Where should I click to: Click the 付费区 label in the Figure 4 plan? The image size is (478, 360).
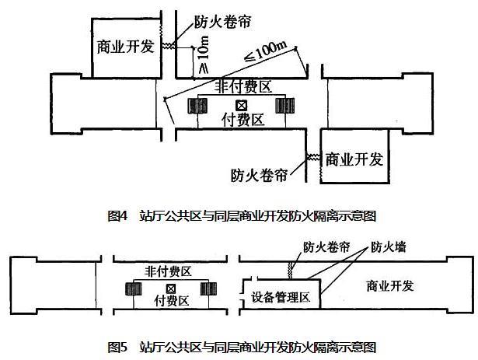click(x=243, y=120)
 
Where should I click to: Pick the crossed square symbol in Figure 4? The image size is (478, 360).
click(x=242, y=105)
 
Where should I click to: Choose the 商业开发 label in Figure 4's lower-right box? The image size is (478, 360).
click(x=354, y=159)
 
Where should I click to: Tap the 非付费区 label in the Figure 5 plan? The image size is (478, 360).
click(x=169, y=270)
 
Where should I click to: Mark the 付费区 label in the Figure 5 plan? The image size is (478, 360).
click(x=169, y=299)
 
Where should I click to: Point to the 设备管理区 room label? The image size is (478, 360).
click(x=281, y=298)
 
